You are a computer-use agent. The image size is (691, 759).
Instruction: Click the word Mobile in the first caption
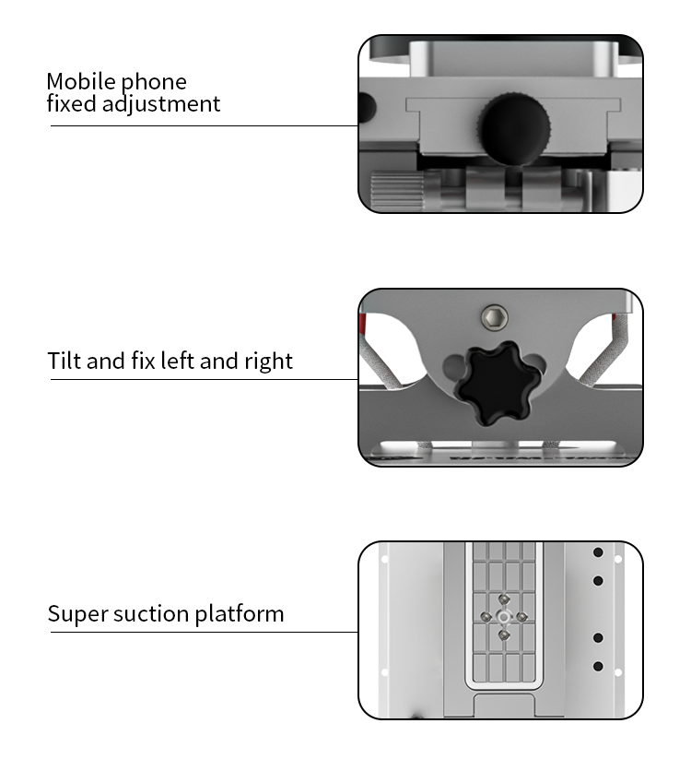point(82,81)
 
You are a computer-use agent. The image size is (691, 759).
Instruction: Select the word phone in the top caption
point(154,83)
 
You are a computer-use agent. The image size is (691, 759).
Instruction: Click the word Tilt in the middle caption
point(64,361)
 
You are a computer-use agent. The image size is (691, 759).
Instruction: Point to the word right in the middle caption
point(268,362)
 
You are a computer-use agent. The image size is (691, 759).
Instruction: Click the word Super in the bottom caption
point(77,614)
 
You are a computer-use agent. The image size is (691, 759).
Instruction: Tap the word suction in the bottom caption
point(151,614)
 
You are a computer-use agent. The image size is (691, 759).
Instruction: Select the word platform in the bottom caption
point(240,614)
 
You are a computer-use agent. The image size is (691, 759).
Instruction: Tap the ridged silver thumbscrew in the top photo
point(397,191)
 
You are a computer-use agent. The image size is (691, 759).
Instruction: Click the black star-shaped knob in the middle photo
point(498,384)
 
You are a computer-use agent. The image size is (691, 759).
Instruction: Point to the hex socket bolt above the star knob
point(495,317)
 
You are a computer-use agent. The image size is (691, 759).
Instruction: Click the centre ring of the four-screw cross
point(504,617)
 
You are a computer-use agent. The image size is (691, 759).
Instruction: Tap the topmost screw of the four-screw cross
point(504,599)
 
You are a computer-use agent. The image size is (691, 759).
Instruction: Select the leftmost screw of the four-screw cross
point(486,617)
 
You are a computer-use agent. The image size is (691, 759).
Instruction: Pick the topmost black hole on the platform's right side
point(598,552)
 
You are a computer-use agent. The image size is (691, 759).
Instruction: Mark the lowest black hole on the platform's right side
point(598,667)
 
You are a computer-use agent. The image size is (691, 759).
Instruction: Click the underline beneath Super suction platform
point(204,632)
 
